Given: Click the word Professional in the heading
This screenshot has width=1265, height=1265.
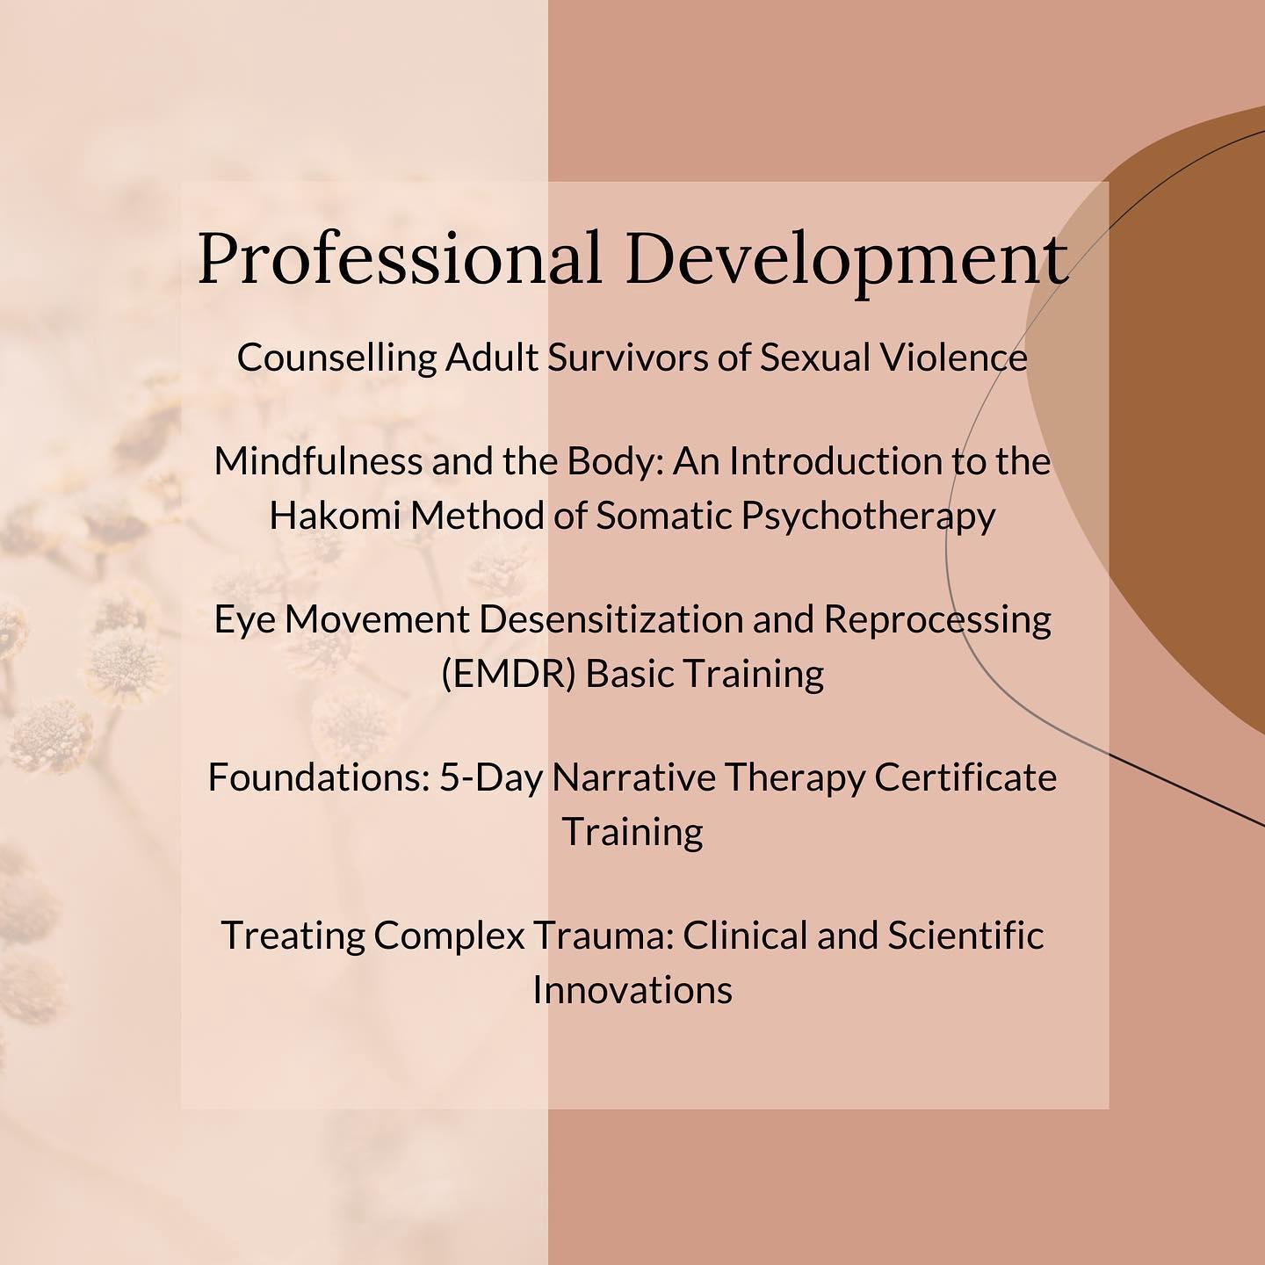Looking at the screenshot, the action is (x=400, y=259).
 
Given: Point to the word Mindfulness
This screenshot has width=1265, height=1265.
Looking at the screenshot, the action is (x=318, y=461).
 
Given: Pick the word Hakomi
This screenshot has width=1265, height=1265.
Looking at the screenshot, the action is (x=335, y=516).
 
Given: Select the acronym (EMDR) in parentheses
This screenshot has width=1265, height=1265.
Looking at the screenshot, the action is (x=509, y=674).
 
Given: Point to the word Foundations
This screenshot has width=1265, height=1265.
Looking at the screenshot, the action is (x=319, y=778).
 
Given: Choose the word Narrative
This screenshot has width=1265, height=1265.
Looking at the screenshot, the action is (x=633, y=778).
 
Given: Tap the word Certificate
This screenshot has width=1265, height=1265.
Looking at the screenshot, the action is (x=965, y=778).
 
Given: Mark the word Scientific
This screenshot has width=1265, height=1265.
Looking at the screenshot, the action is (x=965, y=936).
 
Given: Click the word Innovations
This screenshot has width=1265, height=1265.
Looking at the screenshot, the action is (x=632, y=990).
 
